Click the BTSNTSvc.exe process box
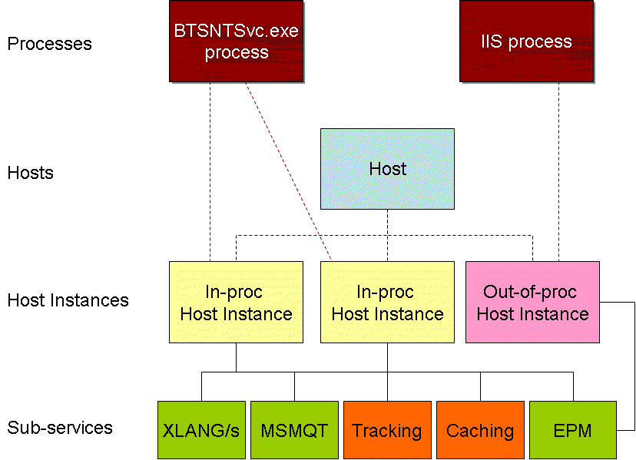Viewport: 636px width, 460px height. click(x=236, y=41)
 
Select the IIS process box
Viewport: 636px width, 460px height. click(x=526, y=41)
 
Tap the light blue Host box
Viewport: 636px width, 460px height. click(x=387, y=169)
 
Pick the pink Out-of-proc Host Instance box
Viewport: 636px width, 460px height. click(x=532, y=303)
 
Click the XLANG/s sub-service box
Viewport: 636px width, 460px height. click(x=201, y=430)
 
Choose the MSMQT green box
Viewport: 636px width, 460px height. click(x=294, y=430)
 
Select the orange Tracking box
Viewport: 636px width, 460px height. click(x=387, y=430)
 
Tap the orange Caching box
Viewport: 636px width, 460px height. click(x=480, y=430)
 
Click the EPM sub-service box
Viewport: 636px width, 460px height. click(x=573, y=430)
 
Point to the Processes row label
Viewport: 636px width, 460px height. click(x=49, y=44)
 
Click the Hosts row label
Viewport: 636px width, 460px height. click(x=31, y=173)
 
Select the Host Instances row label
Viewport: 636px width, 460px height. click(x=68, y=300)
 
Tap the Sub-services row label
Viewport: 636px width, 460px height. click(x=60, y=428)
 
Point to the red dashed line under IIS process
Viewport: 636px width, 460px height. click(x=558, y=171)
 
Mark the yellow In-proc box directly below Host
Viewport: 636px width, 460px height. click(x=387, y=303)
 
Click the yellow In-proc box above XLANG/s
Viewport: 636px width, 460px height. click(x=236, y=303)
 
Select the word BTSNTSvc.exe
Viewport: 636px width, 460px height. click(x=236, y=31)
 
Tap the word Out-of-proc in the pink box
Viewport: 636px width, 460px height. click(x=530, y=292)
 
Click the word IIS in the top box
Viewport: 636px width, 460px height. click(x=491, y=41)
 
